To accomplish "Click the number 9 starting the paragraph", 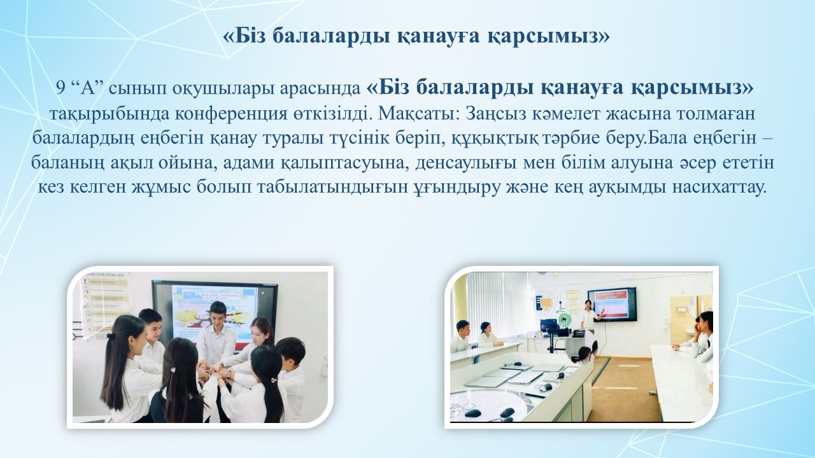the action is (x=60, y=88).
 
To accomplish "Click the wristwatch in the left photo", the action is (x=228, y=373).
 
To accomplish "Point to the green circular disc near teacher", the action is (x=563, y=319).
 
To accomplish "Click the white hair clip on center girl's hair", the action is (x=174, y=370).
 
